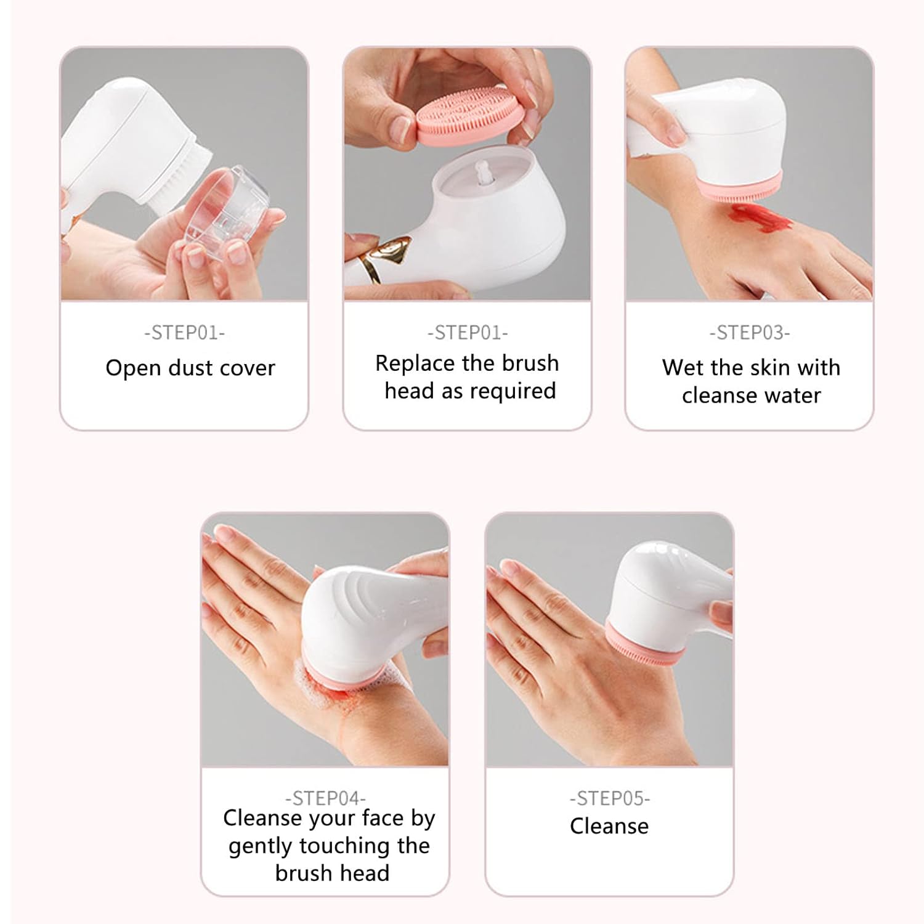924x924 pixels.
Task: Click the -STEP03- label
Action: tap(750, 333)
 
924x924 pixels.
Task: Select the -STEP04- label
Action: tap(325, 798)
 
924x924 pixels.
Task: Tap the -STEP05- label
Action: tap(609, 798)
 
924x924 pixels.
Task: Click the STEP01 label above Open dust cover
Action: tap(185, 333)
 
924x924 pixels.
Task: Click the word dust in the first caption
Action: tap(190, 368)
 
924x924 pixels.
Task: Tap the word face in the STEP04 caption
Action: tap(383, 818)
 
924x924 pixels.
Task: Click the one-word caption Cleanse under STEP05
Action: tap(609, 826)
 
